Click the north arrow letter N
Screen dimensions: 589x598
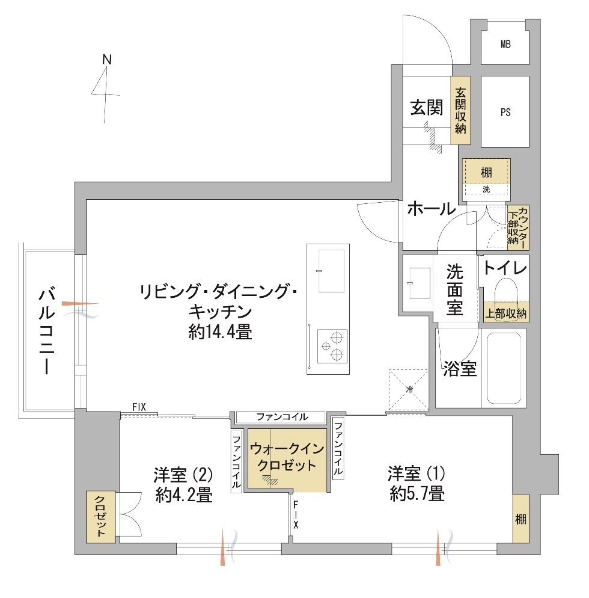pyautogui.click(x=107, y=60)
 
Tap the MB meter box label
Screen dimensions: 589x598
pyautogui.click(x=505, y=45)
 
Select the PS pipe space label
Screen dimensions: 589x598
pyautogui.click(x=505, y=112)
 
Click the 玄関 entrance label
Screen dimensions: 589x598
pyautogui.click(x=426, y=108)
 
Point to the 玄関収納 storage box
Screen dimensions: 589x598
pyautogui.click(x=460, y=111)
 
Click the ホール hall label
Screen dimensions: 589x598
pyautogui.click(x=432, y=209)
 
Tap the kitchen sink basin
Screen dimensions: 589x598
pyautogui.click(x=331, y=271)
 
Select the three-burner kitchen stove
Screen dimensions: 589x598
pyautogui.click(x=332, y=346)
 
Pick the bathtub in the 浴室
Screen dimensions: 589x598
pyautogui.click(x=504, y=368)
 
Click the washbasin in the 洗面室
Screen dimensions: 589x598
pyautogui.click(x=420, y=283)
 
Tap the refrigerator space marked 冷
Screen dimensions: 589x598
pyautogui.click(x=408, y=390)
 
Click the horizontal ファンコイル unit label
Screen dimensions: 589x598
pyautogui.click(x=282, y=417)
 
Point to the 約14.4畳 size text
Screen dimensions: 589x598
pyautogui.click(x=220, y=332)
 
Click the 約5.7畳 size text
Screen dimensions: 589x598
pyautogui.click(x=417, y=495)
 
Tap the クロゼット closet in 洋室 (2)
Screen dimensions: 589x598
pyautogui.click(x=101, y=517)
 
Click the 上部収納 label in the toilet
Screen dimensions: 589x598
pyautogui.click(x=505, y=313)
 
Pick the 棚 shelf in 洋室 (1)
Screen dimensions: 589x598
pyautogui.click(x=520, y=519)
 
